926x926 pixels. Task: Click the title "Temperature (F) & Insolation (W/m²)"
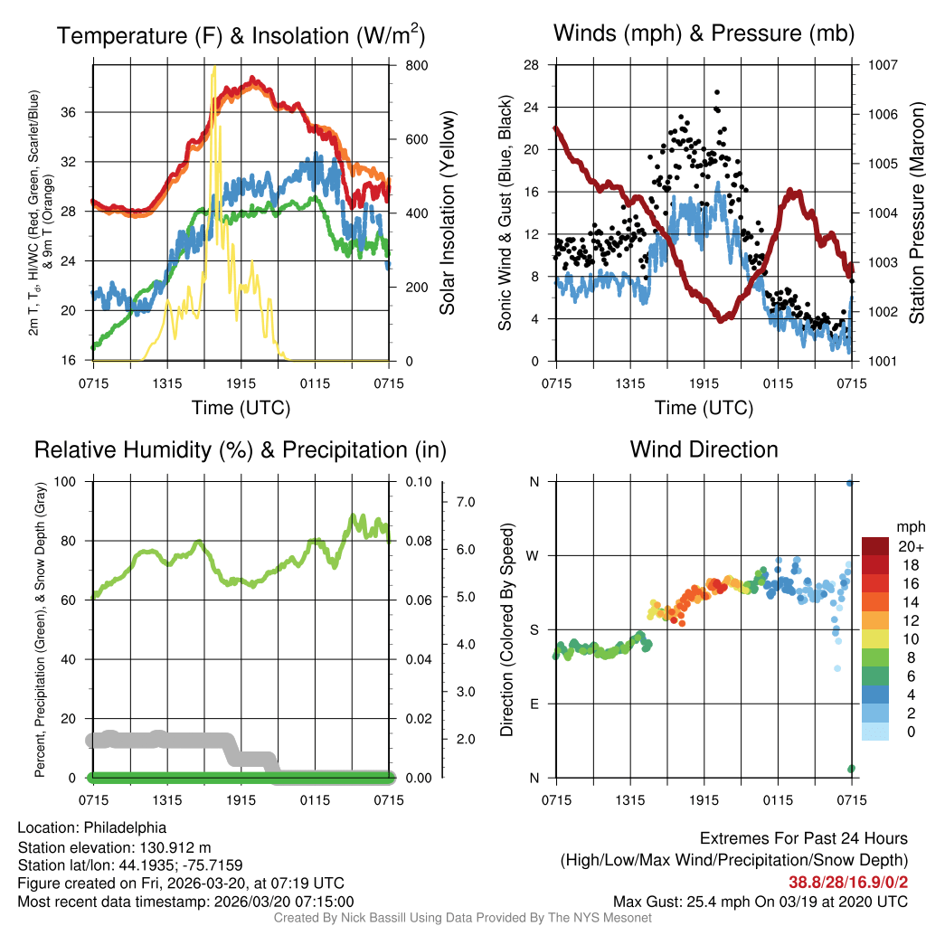[241, 35]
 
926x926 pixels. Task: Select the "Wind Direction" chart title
[704, 449]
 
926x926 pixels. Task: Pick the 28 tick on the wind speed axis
[532, 65]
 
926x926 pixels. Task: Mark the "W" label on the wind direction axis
[534, 555]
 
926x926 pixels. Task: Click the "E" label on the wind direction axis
[534, 704]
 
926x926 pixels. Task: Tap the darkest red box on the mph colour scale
[876, 546]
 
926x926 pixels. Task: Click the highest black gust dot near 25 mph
[717, 92]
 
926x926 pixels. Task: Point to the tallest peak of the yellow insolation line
[213, 67]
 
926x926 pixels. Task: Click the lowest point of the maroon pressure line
[722, 320]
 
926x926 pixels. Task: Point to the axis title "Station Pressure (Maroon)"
[915, 213]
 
